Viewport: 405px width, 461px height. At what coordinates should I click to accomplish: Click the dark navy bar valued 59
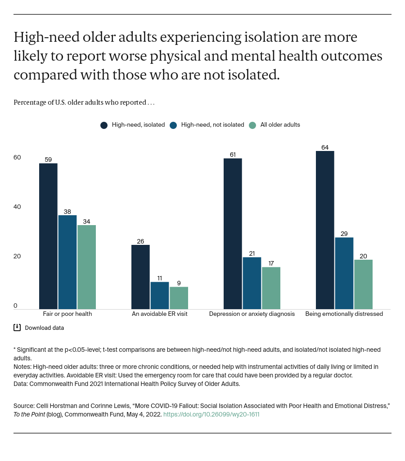point(48,236)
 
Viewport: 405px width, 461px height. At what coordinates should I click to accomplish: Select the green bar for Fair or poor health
point(86,267)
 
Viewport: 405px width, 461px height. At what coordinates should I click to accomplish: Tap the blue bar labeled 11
point(160,295)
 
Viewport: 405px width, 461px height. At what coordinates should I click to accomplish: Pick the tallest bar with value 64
point(325,230)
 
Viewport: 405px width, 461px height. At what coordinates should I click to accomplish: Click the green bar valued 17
point(271,288)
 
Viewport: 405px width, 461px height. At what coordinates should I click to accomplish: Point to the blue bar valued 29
point(344,273)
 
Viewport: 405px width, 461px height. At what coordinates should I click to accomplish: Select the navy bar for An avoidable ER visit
point(140,277)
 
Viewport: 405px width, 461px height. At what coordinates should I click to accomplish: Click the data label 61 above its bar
point(233,155)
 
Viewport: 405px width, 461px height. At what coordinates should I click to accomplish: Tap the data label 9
point(179,283)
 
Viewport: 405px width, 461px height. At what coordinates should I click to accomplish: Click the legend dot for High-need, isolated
point(103,125)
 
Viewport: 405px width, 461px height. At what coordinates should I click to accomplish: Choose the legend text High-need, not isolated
point(212,125)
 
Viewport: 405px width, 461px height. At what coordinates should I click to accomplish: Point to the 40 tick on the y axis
point(17,207)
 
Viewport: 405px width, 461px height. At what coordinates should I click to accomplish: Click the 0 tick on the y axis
point(15,306)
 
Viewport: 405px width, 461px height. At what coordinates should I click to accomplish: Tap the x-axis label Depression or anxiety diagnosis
point(252,314)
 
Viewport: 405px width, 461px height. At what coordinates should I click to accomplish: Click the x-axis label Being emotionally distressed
point(344,314)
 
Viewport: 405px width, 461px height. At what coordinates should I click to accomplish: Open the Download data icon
point(17,328)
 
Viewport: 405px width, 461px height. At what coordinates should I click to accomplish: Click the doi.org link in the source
point(211,415)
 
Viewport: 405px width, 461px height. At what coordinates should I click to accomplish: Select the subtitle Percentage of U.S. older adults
point(84,102)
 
